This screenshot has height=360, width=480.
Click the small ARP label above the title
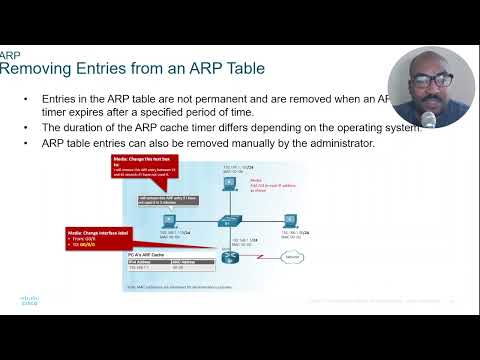click(x=9, y=55)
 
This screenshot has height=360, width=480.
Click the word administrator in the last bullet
click(x=337, y=144)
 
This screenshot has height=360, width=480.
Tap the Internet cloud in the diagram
click(x=291, y=258)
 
